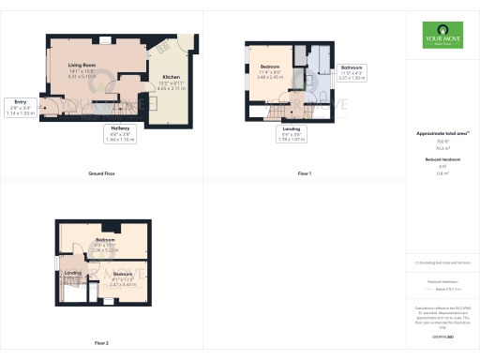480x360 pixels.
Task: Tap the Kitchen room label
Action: point(172,77)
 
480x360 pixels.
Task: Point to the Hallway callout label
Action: point(119,132)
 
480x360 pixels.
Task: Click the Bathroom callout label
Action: point(352,67)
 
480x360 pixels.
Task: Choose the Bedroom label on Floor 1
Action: point(270,67)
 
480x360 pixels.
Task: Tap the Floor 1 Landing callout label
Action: point(292,129)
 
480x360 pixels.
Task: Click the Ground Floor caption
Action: point(101,174)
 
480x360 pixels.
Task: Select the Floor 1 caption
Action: point(304,174)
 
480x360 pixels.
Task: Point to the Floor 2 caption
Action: point(101,343)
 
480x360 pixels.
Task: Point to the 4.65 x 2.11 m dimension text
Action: point(172,87)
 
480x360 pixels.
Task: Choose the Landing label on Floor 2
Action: point(72,273)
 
